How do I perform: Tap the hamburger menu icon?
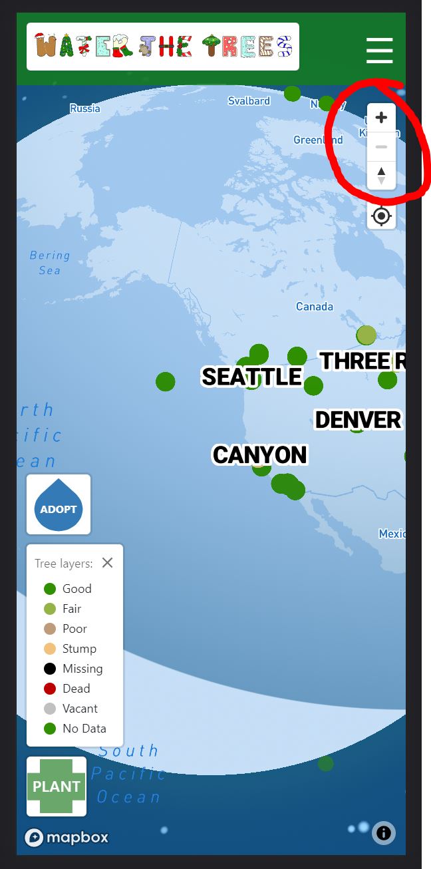tap(379, 51)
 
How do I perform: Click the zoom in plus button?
tap(381, 118)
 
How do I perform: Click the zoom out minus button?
tap(381, 147)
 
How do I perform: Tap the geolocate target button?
tap(381, 216)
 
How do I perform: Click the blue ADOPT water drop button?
tap(59, 505)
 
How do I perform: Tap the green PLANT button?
tap(57, 786)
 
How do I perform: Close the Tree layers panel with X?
tap(107, 563)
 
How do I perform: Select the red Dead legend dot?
tap(50, 689)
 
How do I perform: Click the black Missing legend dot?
tap(50, 669)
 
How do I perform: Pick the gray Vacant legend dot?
tap(50, 709)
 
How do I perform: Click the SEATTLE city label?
tap(251, 377)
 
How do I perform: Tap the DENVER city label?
tap(358, 420)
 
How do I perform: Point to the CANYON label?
tap(260, 455)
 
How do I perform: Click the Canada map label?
tap(314, 307)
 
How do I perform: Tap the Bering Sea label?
tap(50, 262)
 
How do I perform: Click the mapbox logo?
tap(67, 837)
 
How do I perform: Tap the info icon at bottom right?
tap(384, 832)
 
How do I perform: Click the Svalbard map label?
tap(249, 101)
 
